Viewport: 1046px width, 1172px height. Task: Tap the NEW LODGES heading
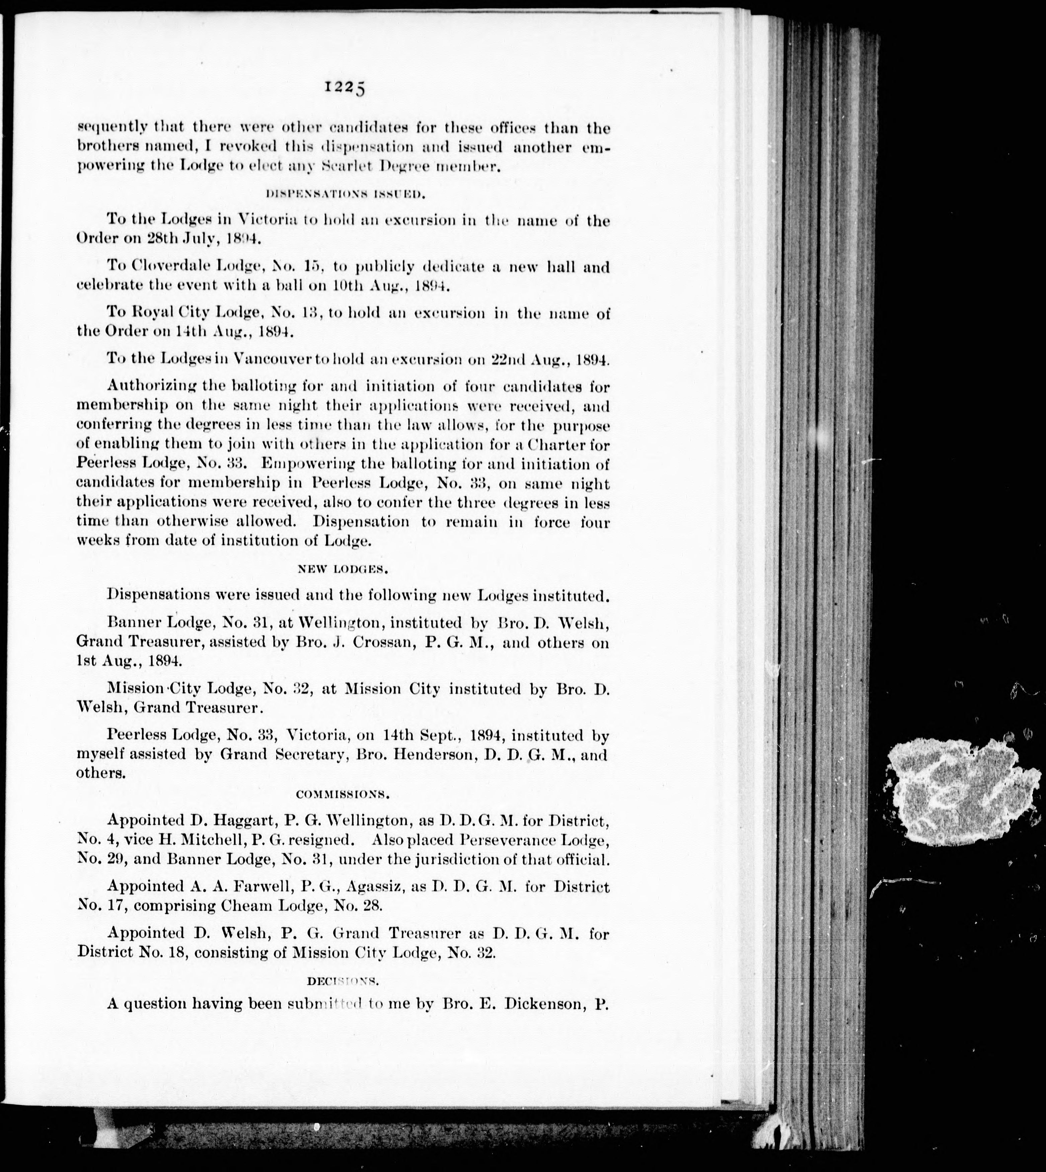click(x=344, y=569)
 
